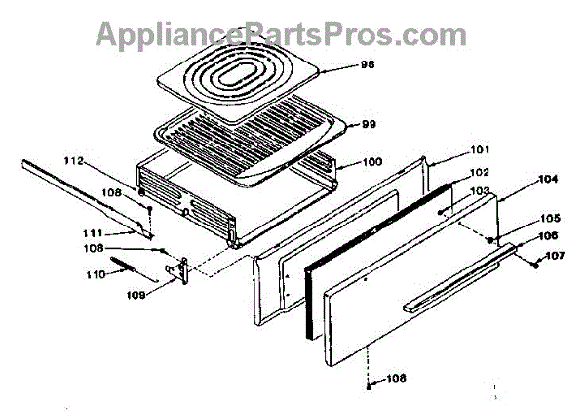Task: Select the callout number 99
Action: [x=369, y=124]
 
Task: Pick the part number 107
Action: [x=555, y=256]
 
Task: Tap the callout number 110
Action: [x=96, y=275]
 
